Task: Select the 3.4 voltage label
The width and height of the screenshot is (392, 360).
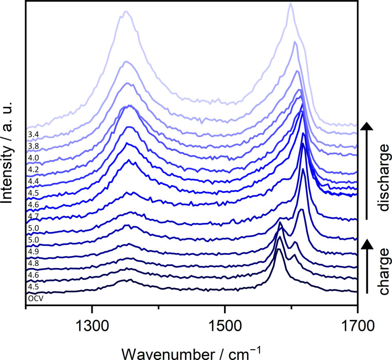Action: click(33, 135)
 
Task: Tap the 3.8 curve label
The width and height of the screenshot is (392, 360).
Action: click(33, 146)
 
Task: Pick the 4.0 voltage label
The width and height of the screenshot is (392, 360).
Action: click(33, 158)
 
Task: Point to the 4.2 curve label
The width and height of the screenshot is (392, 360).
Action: click(33, 169)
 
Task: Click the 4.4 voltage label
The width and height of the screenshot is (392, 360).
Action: click(33, 181)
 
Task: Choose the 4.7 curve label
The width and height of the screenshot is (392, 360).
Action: click(33, 216)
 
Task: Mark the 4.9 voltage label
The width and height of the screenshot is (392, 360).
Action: click(33, 252)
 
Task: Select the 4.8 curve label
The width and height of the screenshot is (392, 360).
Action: click(33, 263)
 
